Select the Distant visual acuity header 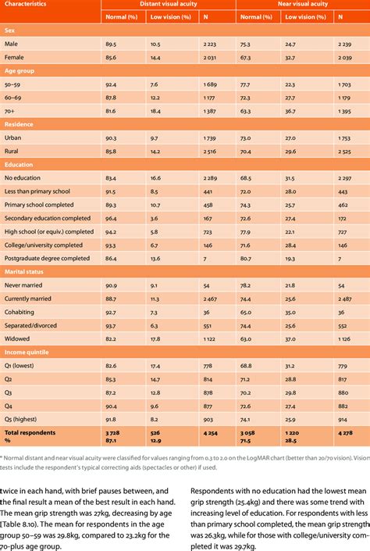[x=167, y=4]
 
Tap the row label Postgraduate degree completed [x=47, y=256]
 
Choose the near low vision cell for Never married [x=290, y=284]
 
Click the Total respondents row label [x=30, y=432]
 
